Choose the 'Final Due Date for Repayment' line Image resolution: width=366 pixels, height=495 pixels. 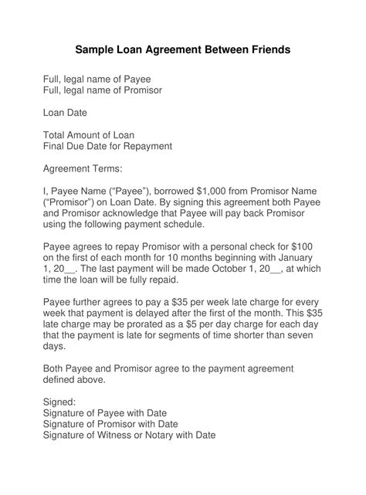coord(107,146)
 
